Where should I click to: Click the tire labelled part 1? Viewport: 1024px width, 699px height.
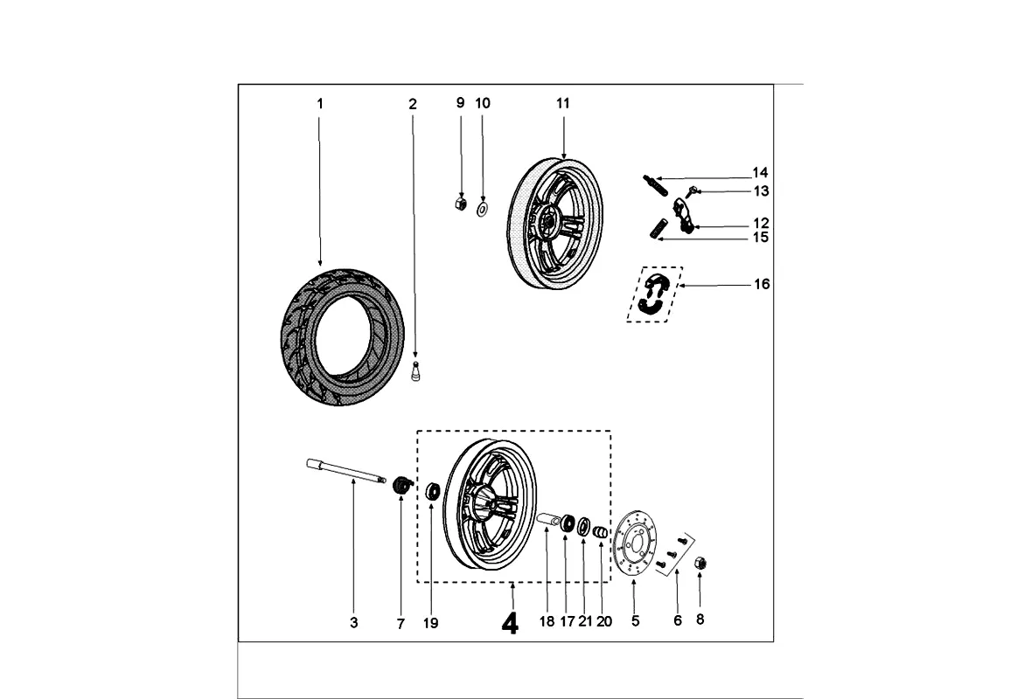tap(342, 336)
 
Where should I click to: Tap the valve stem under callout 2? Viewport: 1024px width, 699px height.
tap(415, 370)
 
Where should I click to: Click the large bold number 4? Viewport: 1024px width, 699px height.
tap(510, 624)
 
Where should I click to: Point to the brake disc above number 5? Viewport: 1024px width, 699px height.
tap(636, 543)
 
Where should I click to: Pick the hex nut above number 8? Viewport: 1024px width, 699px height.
tap(700, 563)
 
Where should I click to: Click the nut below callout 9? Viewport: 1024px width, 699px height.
tap(461, 204)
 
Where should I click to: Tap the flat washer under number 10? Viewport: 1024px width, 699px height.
tap(483, 210)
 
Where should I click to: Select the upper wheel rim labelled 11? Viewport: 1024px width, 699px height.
tap(555, 223)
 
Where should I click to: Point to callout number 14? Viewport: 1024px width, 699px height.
tap(760, 173)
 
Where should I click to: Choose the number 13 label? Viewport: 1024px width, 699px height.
tap(762, 191)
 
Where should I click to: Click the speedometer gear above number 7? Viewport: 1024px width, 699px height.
tap(402, 485)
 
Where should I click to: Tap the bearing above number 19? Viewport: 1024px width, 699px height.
tap(432, 491)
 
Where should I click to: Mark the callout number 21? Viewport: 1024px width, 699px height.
tap(585, 621)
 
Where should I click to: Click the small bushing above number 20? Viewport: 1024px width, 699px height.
tap(600, 533)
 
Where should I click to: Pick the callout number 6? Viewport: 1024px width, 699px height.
tap(678, 620)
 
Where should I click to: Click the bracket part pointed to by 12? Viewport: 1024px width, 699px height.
tap(682, 216)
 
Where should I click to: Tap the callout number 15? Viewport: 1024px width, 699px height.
tap(761, 238)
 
